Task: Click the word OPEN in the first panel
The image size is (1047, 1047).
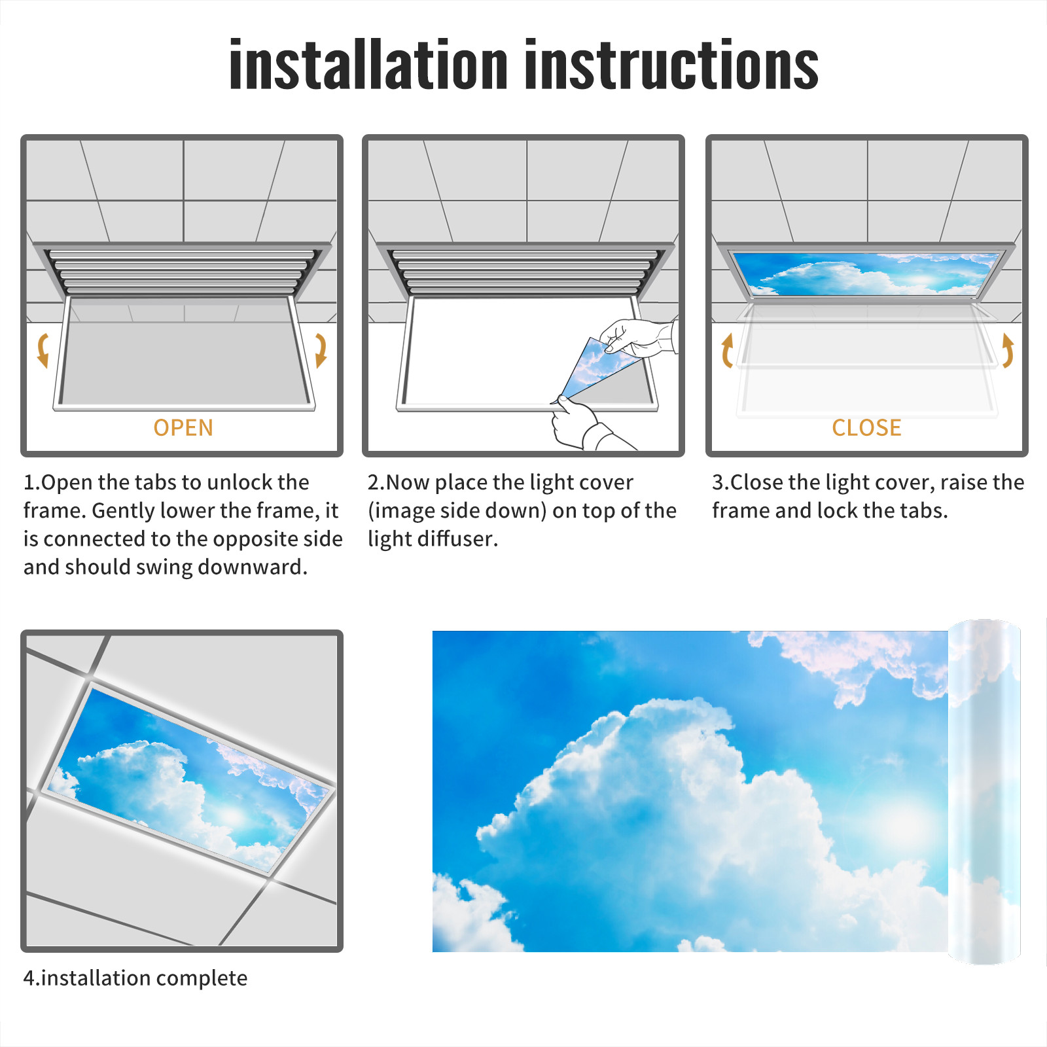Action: click(x=183, y=428)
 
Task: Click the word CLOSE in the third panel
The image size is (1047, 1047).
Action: click(x=866, y=428)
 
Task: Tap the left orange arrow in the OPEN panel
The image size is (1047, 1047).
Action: click(x=43, y=350)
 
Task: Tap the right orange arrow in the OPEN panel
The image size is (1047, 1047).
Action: click(x=321, y=350)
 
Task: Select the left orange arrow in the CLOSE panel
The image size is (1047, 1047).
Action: click(x=726, y=351)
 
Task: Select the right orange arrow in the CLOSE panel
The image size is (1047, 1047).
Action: click(x=1008, y=350)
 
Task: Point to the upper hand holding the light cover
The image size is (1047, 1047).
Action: click(x=638, y=338)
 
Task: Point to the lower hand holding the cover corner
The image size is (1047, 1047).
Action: click(x=586, y=425)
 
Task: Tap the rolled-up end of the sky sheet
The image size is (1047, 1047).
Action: click(x=984, y=792)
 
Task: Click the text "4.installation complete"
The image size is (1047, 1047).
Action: click(x=135, y=978)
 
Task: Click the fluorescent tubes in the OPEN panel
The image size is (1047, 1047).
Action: click(x=181, y=272)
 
